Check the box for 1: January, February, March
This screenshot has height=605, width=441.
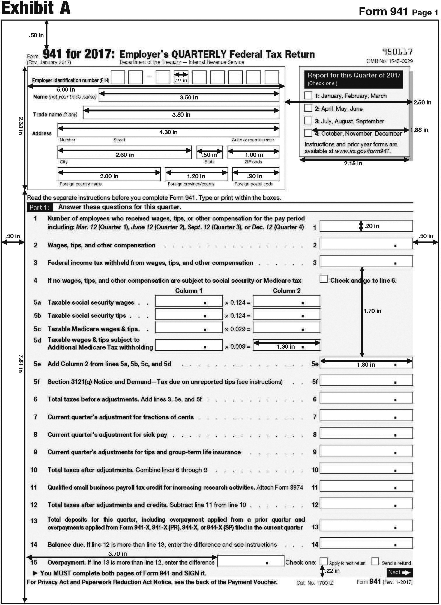click(x=308, y=95)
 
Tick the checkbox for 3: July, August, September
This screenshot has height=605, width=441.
click(x=308, y=121)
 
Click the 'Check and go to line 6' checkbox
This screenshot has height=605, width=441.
click(x=324, y=279)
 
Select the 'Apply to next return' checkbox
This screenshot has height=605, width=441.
click(x=324, y=561)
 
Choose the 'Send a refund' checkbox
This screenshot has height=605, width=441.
click(x=375, y=561)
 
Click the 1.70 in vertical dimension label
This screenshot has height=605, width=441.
click(x=372, y=311)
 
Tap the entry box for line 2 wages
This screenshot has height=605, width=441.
click(x=366, y=244)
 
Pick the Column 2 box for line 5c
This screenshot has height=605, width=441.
click(x=286, y=327)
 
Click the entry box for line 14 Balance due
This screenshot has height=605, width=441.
click(x=366, y=543)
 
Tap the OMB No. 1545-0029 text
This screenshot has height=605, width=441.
click(x=390, y=61)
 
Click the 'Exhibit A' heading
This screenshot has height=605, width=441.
click(x=36, y=8)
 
